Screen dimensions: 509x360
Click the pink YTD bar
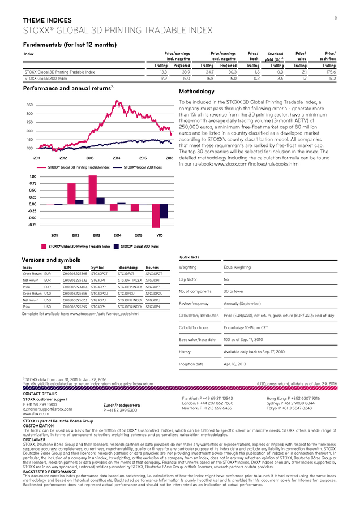(x=155, y=215)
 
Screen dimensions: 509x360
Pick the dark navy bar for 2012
(x=79, y=201)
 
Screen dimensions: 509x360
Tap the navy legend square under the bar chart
(x=115, y=247)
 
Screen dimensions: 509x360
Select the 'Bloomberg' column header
(x=128, y=267)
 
